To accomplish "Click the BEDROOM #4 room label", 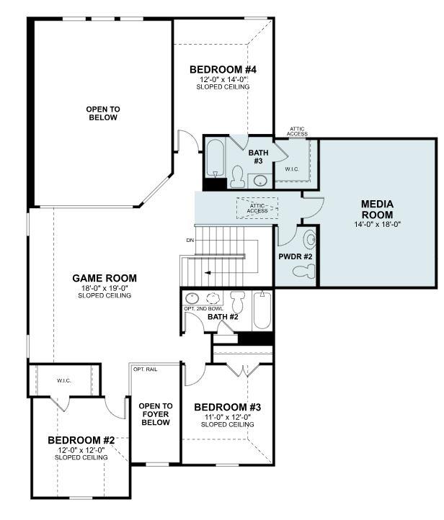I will (x=223, y=70).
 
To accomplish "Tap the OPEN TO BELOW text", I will (x=103, y=113).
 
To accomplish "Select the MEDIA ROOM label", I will (x=377, y=210).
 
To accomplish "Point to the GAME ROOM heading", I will (x=105, y=278).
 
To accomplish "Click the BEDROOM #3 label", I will (x=227, y=407).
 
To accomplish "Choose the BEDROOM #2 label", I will (x=81, y=440).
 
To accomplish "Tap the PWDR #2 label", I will (x=294, y=256).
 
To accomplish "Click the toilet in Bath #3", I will (x=237, y=176).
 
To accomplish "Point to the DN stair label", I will (x=190, y=240).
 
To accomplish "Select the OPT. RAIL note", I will (x=145, y=369).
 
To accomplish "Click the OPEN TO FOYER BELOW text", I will (x=156, y=414).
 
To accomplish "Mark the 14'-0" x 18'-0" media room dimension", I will (x=377, y=224).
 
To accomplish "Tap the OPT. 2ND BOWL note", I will (x=200, y=309).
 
